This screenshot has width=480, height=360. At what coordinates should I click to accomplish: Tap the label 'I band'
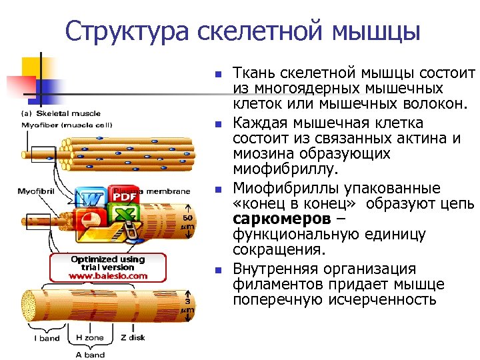coord(47,338)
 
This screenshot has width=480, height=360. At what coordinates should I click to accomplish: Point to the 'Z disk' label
coord(133,338)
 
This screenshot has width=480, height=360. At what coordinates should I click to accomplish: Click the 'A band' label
coord(90,355)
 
